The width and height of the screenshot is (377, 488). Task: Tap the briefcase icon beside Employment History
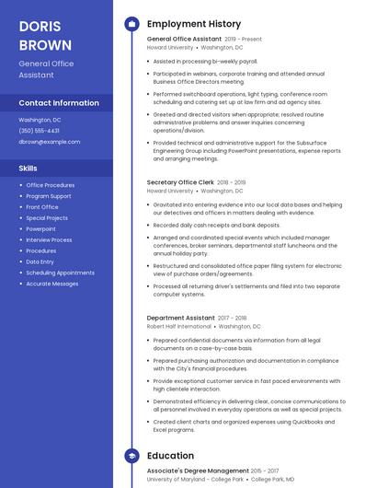[x=131, y=24]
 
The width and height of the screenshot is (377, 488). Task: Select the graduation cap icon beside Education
[x=131, y=456]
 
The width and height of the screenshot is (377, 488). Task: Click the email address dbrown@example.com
[x=50, y=142]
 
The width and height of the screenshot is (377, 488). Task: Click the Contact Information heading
[x=59, y=103]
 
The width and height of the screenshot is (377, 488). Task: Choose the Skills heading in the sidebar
[x=29, y=168]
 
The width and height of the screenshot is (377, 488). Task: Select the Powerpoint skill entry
[x=41, y=228]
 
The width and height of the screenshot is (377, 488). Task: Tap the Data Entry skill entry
[x=40, y=261]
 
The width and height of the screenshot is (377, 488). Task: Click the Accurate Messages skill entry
[x=52, y=284]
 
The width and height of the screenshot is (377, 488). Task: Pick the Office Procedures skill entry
[x=51, y=185]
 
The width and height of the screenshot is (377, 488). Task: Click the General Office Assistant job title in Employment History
[x=184, y=40]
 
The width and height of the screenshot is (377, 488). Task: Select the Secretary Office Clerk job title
[x=180, y=182]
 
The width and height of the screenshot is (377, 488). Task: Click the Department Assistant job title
[x=181, y=318]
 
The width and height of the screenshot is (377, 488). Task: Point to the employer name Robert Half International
[x=179, y=326]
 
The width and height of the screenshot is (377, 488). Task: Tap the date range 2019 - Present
[x=244, y=40]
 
